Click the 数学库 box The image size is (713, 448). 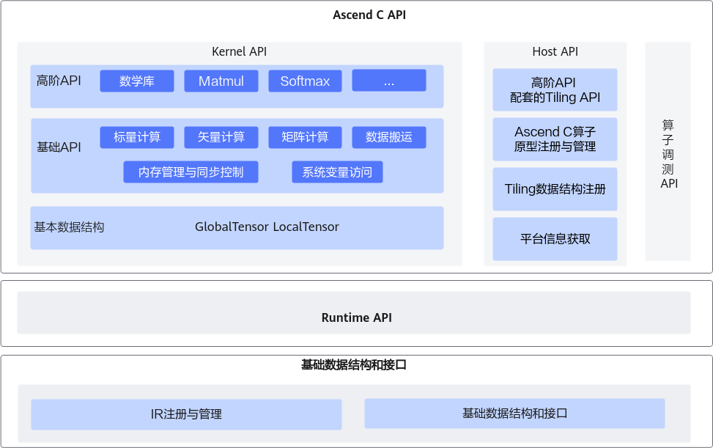[137, 81]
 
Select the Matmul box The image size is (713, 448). [221, 81]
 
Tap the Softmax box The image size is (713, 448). [305, 81]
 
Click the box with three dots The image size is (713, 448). [389, 81]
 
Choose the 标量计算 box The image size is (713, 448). [137, 137]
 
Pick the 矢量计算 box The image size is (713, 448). [221, 137]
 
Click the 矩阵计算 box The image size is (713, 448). [305, 137]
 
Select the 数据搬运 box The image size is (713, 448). [389, 137]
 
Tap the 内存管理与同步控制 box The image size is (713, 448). [191, 172]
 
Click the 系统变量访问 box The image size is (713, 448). [337, 172]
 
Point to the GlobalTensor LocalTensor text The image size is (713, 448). [267, 227]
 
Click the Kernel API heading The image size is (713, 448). [240, 51]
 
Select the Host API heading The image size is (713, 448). [555, 51]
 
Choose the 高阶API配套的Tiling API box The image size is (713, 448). [555, 89]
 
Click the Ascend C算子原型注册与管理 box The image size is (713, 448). [555, 139]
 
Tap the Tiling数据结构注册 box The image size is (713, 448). [555, 189]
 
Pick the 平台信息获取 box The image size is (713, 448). [555, 239]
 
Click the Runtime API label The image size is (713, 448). [357, 317]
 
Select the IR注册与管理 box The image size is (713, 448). [186, 414]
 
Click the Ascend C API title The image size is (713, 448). [357, 15]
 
